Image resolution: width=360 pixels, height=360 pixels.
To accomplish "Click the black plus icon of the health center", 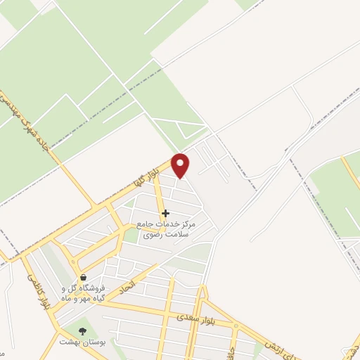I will [x=165, y=212].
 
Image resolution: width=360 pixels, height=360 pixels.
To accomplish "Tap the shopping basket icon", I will [x=84, y=278].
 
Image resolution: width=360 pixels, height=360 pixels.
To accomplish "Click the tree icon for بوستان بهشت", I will [x=83, y=330].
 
